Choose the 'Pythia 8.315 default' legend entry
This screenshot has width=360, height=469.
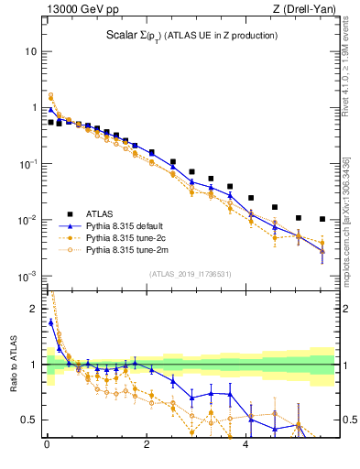click(127, 225)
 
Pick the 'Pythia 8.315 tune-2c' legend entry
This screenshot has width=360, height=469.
click(127, 237)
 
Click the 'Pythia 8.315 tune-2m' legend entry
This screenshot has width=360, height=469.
click(127, 249)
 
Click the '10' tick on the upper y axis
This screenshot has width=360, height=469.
click(29, 51)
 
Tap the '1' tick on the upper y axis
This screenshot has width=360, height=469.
click(32, 107)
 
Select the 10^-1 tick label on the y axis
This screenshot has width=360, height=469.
click(27, 163)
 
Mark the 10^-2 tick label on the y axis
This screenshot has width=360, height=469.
click(27, 220)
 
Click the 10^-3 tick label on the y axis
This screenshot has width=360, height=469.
click(27, 276)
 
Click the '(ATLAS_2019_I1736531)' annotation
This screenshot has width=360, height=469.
click(190, 274)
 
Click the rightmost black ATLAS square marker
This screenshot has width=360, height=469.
click(322, 219)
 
